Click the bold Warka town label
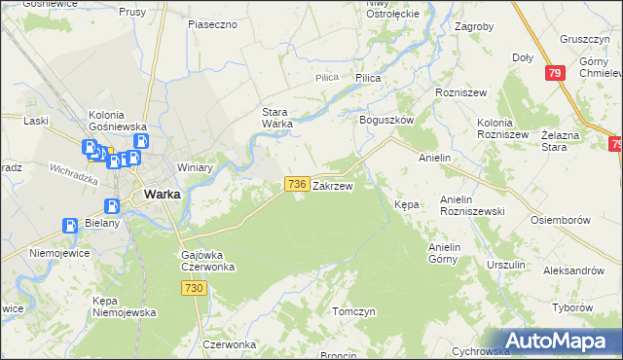point(161,194)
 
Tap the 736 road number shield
point(298,183)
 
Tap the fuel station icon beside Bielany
point(70,226)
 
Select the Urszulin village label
point(505,265)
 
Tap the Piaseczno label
point(213,23)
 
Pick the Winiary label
point(195,167)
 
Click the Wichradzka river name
point(75,175)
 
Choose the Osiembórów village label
point(561,220)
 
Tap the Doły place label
point(523,57)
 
